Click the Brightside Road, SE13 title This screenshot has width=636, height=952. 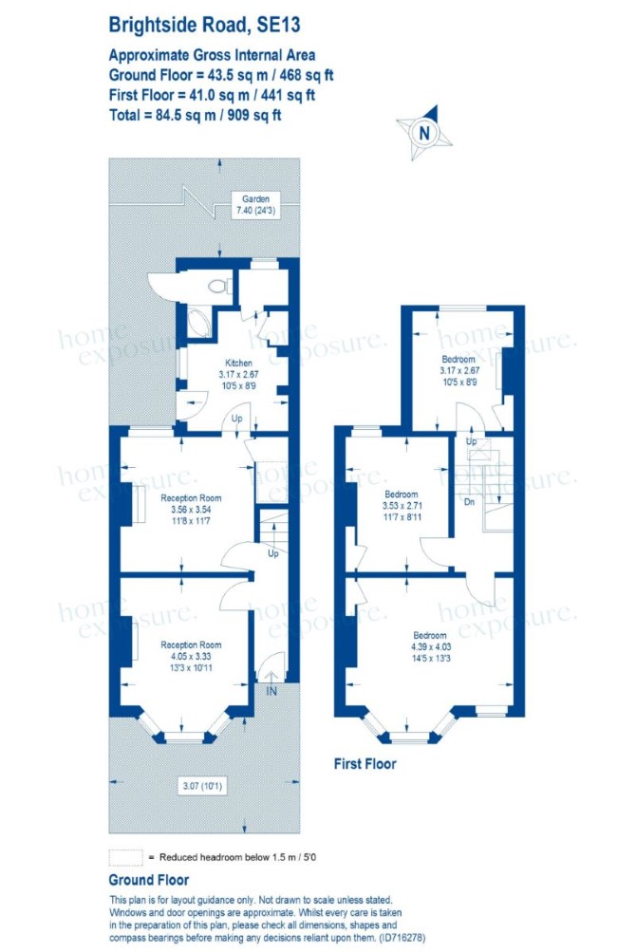[x=204, y=26]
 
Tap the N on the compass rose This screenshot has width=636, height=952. [x=424, y=133]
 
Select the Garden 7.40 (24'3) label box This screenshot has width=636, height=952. [x=255, y=205]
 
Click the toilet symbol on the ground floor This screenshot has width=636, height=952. [x=217, y=285]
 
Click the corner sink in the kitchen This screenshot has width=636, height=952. [x=198, y=324]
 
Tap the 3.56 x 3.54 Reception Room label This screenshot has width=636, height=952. [x=191, y=510]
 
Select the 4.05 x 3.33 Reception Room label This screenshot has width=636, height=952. [x=191, y=656]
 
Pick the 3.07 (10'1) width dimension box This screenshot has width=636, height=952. [x=203, y=786]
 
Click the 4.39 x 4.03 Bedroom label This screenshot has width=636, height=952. [x=430, y=646]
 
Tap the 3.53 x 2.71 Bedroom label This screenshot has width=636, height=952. [x=402, y=505]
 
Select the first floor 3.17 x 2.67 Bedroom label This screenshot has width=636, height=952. [x=459, y=370]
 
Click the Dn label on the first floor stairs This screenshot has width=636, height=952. [x=469, y=502]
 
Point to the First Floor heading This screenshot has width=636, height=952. [x=365, y=764]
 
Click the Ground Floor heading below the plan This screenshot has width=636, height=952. [x=149, y=880]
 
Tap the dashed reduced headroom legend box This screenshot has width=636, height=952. [x=125, y=857]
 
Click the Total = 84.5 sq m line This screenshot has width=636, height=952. [x=195, y=115]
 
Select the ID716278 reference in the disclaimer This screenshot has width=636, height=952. [x=402, y=938]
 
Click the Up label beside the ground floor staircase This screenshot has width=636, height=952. [x=273, y=553]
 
